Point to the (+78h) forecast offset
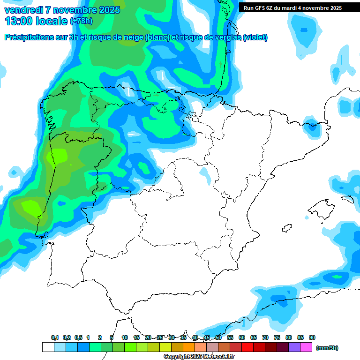coord(81,21)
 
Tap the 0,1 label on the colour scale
coord(55,337)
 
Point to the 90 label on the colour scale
coord(312,337)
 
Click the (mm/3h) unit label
coord(327,348)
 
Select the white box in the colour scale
coord(48,347)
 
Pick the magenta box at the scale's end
coord(307,347)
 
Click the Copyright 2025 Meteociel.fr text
coord(199,357)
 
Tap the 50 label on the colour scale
coord(218,337)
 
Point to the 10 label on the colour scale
coord(125,337)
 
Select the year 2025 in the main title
coord(106,10)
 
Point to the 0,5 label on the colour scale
coord(78,337)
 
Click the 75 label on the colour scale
coord(277,337)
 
